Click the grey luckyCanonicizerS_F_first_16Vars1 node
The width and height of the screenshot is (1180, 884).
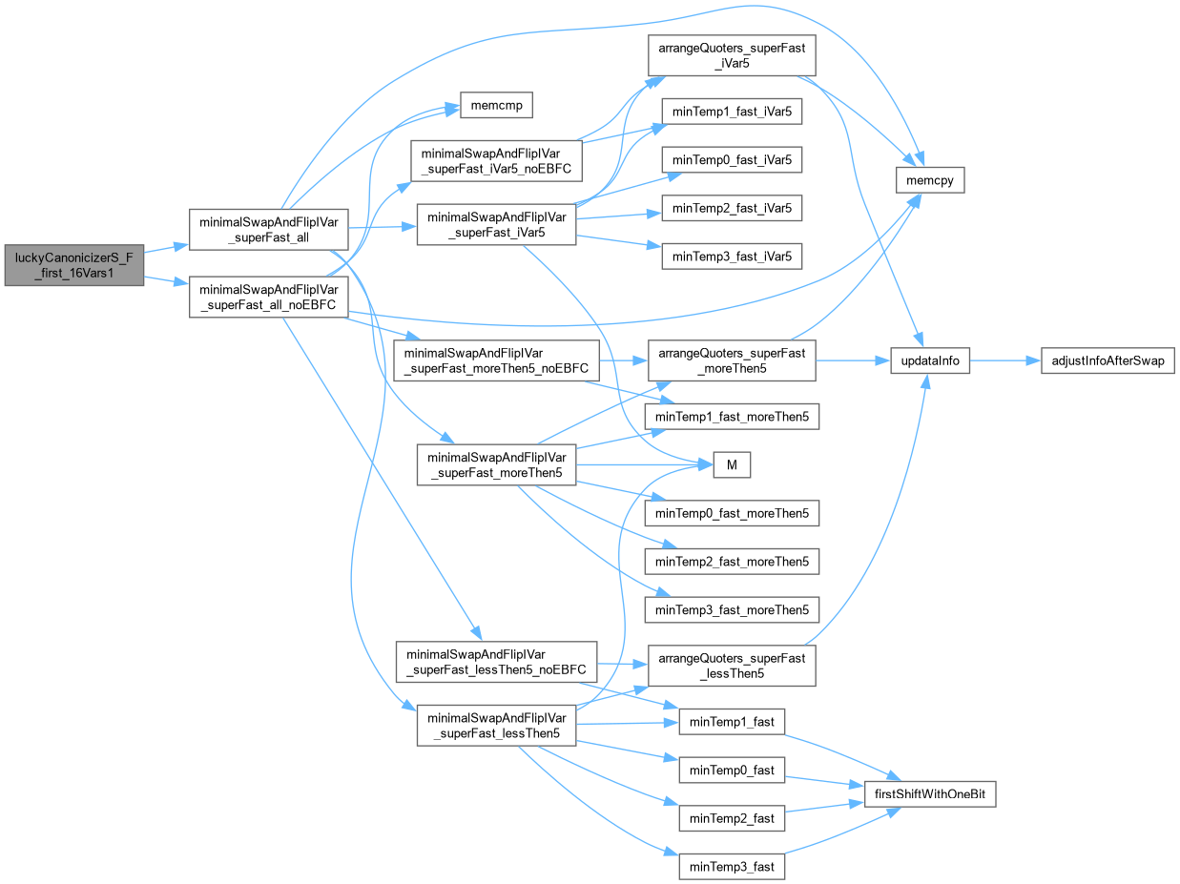tap(73, 264)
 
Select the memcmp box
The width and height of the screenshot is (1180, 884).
tap(495, 104)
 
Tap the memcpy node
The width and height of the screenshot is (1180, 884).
tap(930, 179)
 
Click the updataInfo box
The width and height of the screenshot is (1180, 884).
tap(930, 361)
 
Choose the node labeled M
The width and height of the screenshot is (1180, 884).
tap(732, 464)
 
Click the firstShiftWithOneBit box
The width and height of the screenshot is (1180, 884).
tap(930, 793)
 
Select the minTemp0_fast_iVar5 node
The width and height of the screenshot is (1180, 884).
tap(732, 159)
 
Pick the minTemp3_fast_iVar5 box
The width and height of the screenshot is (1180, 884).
tap(732, 256)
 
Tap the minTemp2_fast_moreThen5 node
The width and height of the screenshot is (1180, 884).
tap(732, 562)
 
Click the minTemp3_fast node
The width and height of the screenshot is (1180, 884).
tap(732, 866)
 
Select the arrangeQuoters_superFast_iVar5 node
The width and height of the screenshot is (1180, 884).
tap(732, 58)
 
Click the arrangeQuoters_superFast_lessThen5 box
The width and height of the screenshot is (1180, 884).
tap(732, 667)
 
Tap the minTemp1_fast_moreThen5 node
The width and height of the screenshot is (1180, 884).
tap(732, 417)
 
